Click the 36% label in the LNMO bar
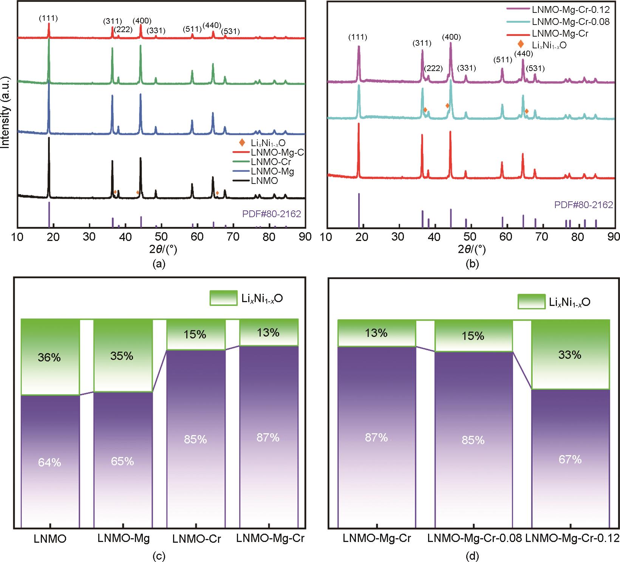pyautogui.click(x=49, y=357)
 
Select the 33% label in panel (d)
pyautogui.click(x=570, y=355)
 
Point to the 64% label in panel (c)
pyautogui.click(x=49, y=462)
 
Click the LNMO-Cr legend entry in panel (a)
pyautogui.click(x=271, y=162)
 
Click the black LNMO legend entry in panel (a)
pyautogui.click(x=264, y=181)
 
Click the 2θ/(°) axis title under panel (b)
pyautogui.click(x=472, y=249)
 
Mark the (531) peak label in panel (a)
pyautogui.click(x=230, y=31)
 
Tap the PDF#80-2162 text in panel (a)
pyautogui.click(x=271, y=214)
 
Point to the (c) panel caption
pyautogui.click(x=158, y=556)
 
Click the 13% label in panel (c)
pyautogui.click(x=269, y=333)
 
